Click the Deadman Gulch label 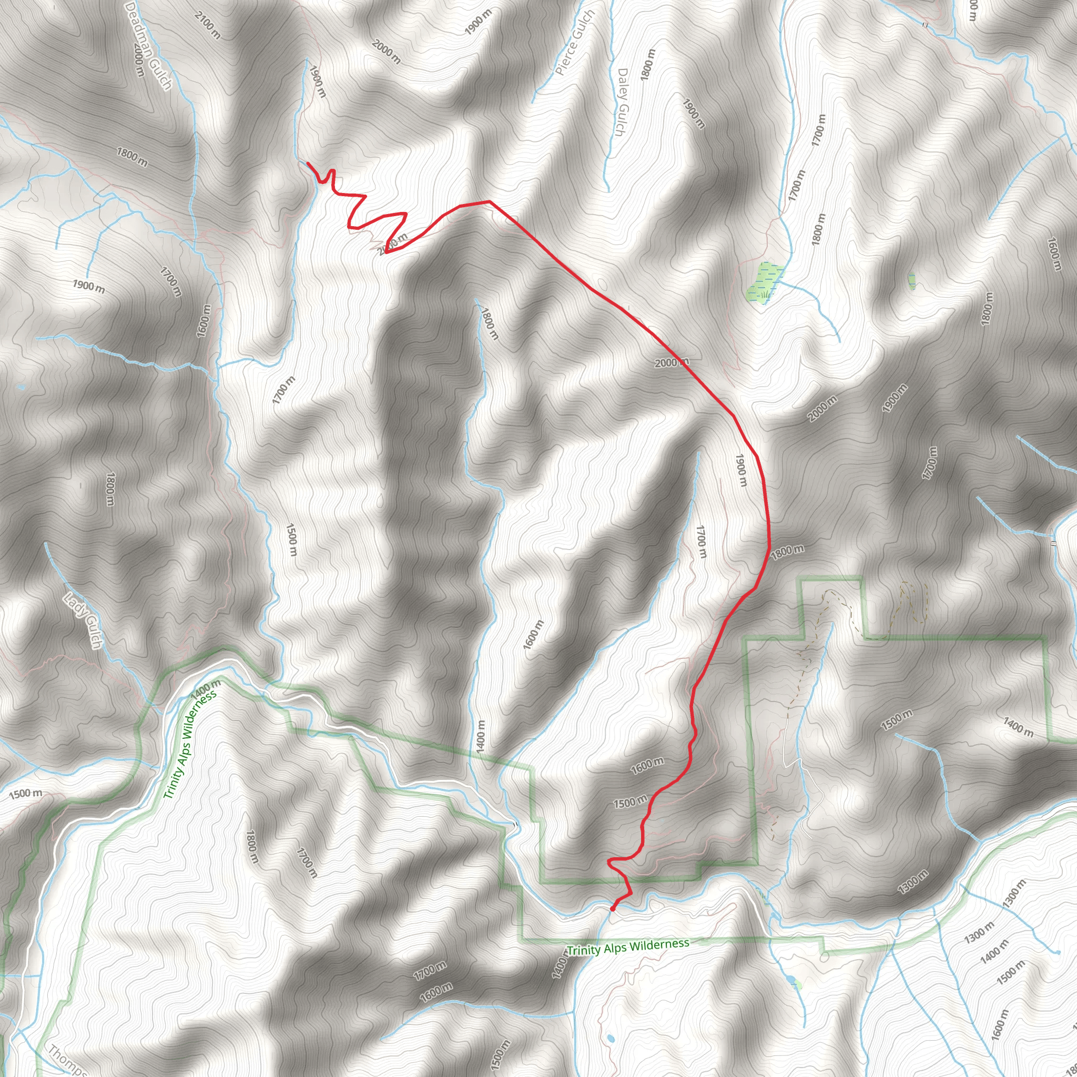coord(148,45)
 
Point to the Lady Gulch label coord(83,621)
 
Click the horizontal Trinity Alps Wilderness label coord(628,947)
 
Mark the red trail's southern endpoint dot coord(613,909)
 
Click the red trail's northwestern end coord(308,163)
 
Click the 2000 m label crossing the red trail coord(672,363)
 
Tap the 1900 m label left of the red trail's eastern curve coord(740,470)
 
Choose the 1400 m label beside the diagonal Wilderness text coord(206,689)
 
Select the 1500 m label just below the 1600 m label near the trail coord(630,802)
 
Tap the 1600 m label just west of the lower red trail coord(647,765)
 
